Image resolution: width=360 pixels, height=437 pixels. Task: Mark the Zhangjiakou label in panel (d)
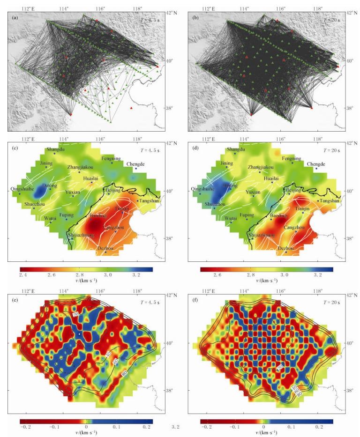[x=261, y=167]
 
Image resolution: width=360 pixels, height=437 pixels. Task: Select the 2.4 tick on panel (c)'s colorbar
[x=22, y=275]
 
